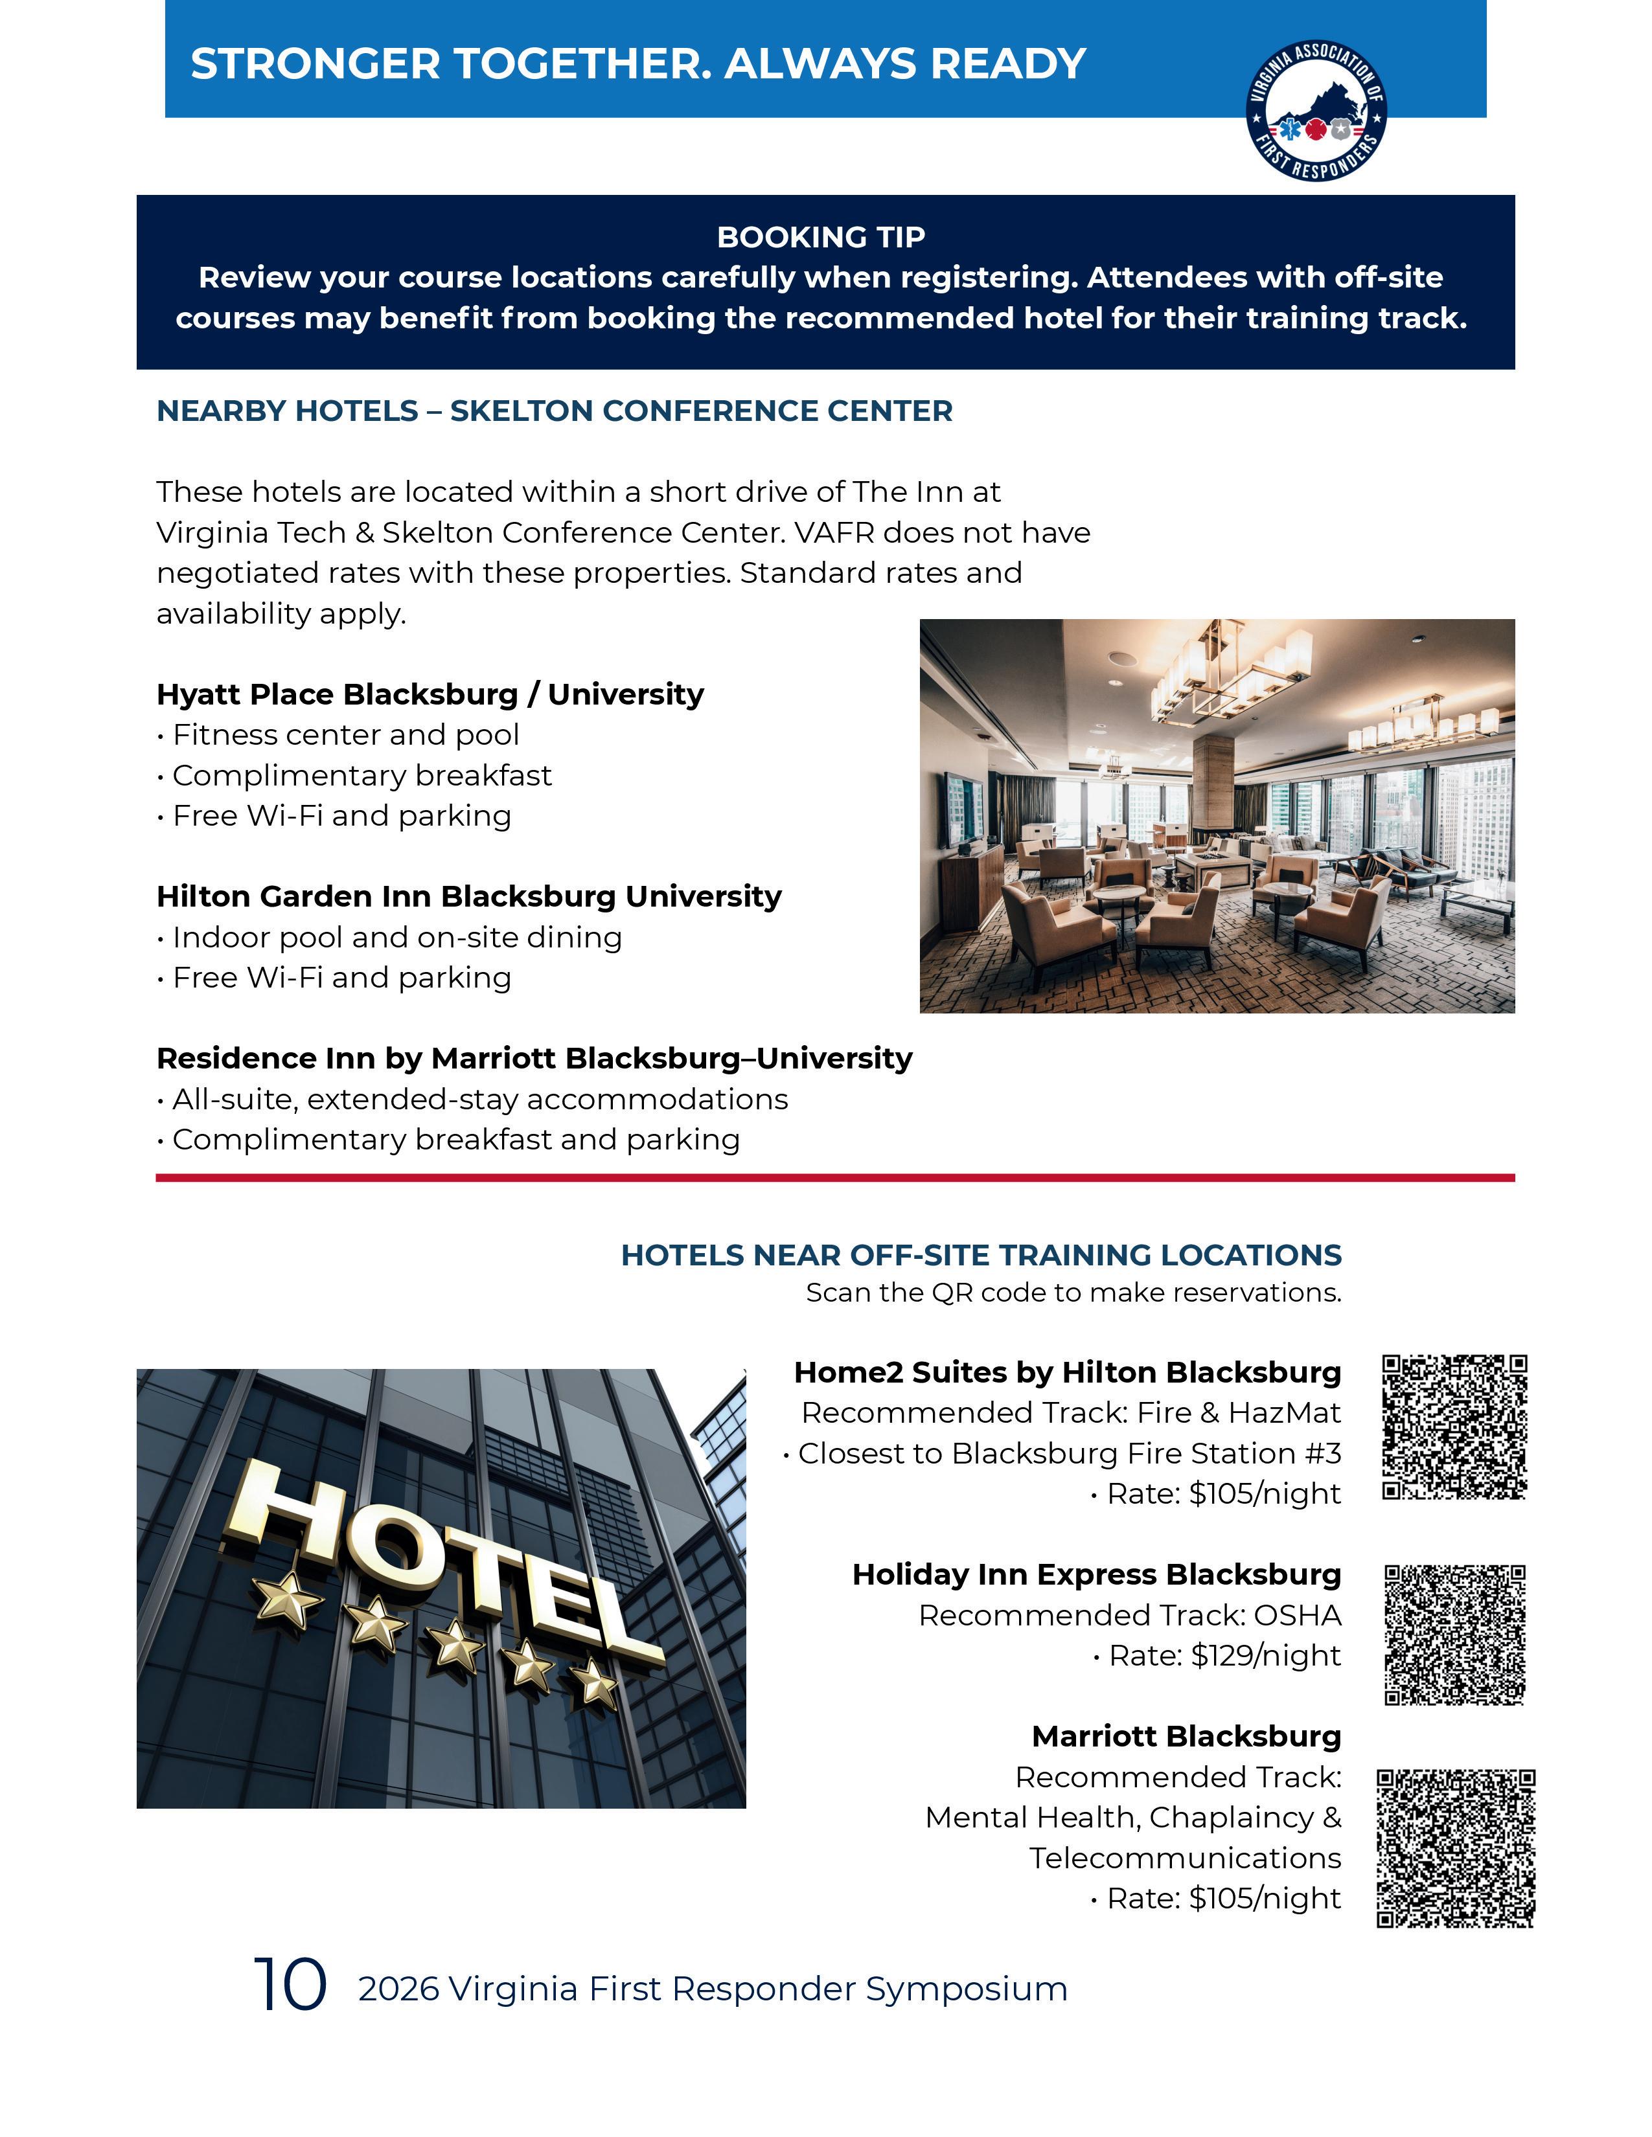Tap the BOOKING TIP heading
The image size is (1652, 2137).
coord(820,237)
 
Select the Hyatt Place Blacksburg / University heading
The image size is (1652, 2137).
coord(430,694)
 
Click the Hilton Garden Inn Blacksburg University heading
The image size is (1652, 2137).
coord(469,896)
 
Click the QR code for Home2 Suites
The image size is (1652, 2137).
coord(1454,1427)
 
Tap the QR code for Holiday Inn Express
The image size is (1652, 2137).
coord(1454,1634)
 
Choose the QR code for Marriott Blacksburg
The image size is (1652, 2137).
coord(1455,1848)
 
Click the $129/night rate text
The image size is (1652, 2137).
coord(1265,1656)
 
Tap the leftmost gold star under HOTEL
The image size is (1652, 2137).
coord(287,1601)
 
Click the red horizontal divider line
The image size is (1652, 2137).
coord(835,1178)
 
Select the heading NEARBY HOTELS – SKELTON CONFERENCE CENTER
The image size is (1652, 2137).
coord(554,411)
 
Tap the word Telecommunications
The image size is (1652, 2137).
coord(1184,1857)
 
